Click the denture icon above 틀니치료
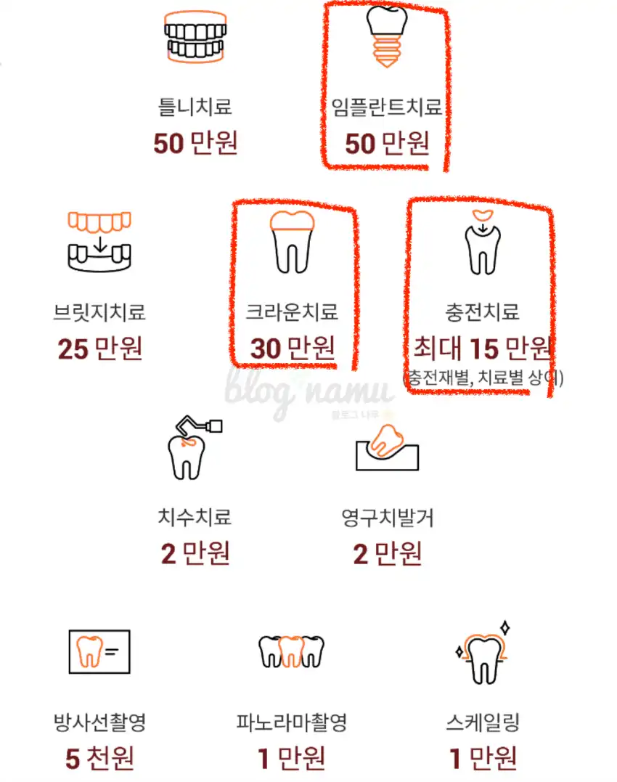click(x=195, y=36)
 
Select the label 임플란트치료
click(x=387, y=107)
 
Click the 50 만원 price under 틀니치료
click(x=195, y=143)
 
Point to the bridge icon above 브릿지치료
click(x=99, y=241)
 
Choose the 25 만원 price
click(x=99, y=348)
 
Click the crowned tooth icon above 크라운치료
click(x=292, y=242)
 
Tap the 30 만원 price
click(x=292, y=348)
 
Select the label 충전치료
click(x=483, y=312)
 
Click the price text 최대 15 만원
click(x=483, y=348)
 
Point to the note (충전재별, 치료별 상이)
click(x=483, y=378)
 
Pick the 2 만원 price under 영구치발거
click(x=387, y=553)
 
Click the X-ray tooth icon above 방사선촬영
click(x=99, y=652)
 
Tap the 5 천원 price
click(x=99, y=759)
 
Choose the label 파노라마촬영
click(x=292, y=722)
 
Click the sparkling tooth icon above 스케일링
click(x=483, y=653)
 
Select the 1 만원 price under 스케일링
click(x=483, y=759)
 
